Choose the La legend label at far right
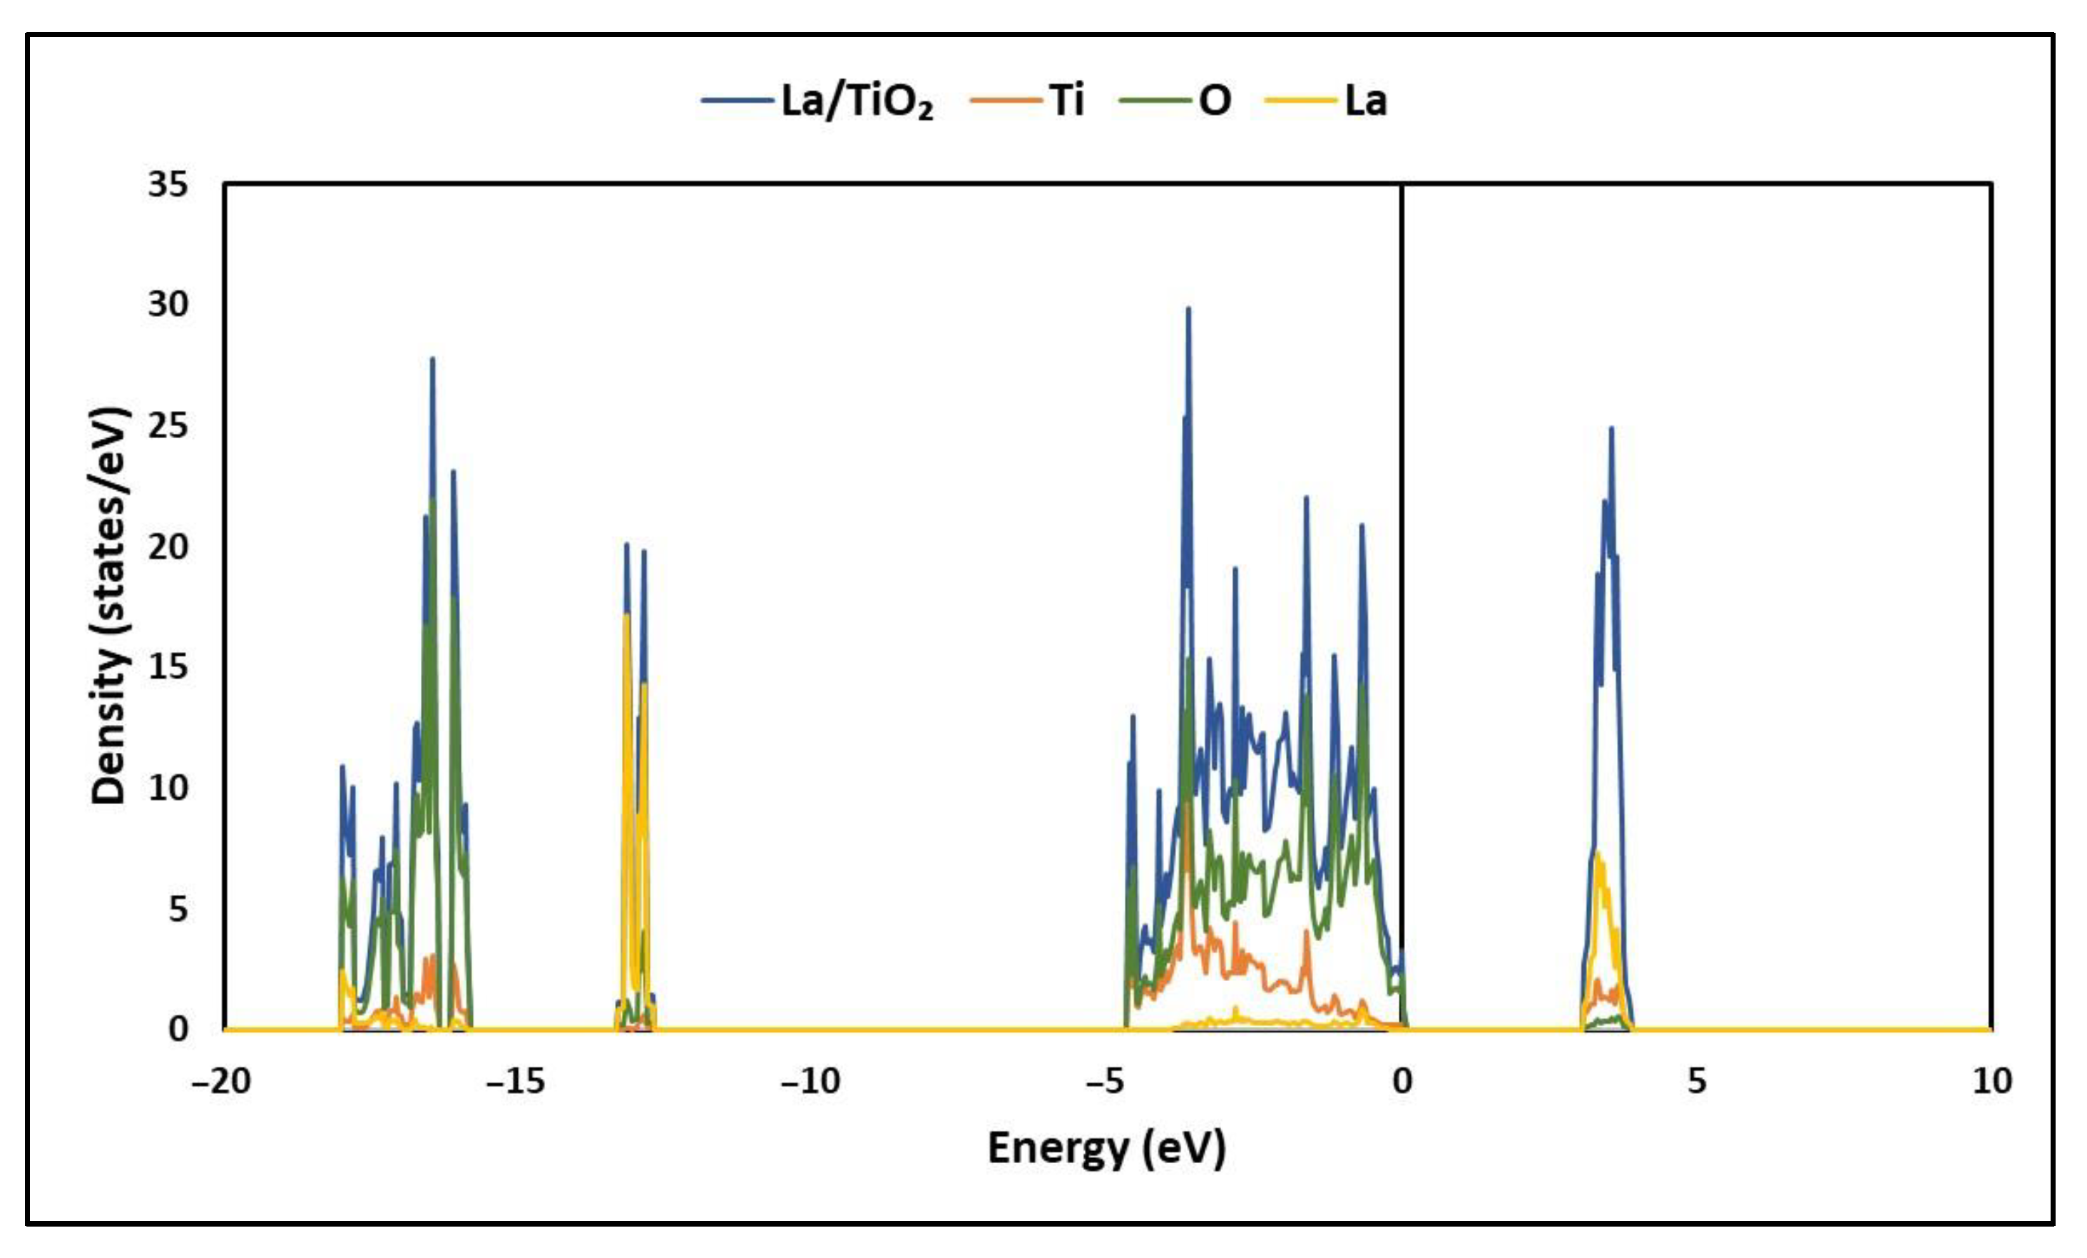pyautogui.click(x=1365, y=101)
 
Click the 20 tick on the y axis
pyautogui.click(x=168, y=547)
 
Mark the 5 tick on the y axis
pyautogui.click(x=177, y=909)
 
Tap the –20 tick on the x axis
pyautogui.click(x=221, y=1081)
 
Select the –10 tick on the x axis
pyautogui.click(x=810, y=1081)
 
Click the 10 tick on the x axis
pyautogui.click(x=1992, y=1081)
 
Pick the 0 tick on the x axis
pyautogui.click(x=1402, y=1081)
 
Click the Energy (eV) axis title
pyautogui.click(x=1106, y=1149)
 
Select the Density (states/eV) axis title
pyautogui.click(x=109, y=606)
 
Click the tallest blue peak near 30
pyautogui.click(x=1188, y=310)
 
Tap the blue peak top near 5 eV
pyautogui.click(x=1611, y=430)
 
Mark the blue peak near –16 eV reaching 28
pyautogui.click(x=432, y=360)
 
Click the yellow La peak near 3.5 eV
pyautogui.click(x=1598, y=856)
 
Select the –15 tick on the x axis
pyautogui.click(x=515, y=1081)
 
